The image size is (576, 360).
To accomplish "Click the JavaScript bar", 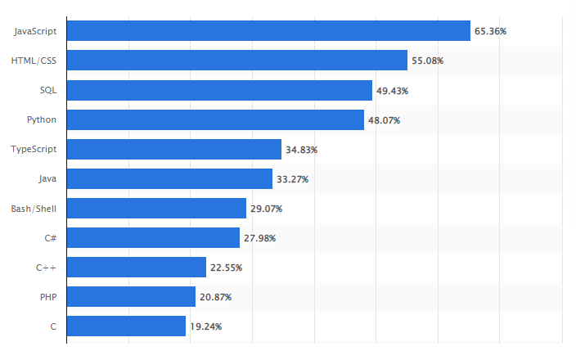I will pos(268,31).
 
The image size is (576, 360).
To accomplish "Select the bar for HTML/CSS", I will pos(236,61).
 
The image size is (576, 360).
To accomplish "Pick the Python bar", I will pos(215,120).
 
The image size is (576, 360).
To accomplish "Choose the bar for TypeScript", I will pos(173,150).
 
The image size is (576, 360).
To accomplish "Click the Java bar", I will pos(169,179).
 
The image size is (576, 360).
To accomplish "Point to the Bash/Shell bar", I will pos(156,209).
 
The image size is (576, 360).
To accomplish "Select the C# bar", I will pos(153,238).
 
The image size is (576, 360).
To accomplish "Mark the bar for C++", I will pos(136,268).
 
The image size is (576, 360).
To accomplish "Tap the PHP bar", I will pos(131,297).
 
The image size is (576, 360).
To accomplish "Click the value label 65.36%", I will pos(490,31).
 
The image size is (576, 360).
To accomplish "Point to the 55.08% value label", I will pos(427,61).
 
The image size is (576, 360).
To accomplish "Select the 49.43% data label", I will pos(393,90).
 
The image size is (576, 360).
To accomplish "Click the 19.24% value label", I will pos(205,326).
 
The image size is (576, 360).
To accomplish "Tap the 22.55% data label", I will pos(226,268).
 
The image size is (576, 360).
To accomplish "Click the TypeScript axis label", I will pos(34,150).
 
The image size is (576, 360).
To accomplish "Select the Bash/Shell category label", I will pos(34,209).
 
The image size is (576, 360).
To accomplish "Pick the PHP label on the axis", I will pos(47,297).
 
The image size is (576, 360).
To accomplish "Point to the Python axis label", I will pos(41,120).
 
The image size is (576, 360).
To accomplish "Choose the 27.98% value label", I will pos(259,238).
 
